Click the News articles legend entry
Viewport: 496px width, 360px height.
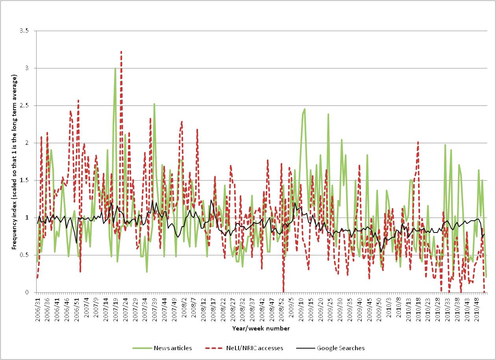pos(173,348)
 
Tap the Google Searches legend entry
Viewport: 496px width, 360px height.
pos(341,348)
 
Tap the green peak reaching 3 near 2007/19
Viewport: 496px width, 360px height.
pos(115,68)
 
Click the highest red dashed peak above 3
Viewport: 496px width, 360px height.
pos(121,52)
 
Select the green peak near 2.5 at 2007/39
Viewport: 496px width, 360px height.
pos(154,104)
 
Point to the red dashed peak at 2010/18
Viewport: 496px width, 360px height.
pos(418,142)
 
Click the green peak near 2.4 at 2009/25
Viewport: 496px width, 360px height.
pos(328,114)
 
